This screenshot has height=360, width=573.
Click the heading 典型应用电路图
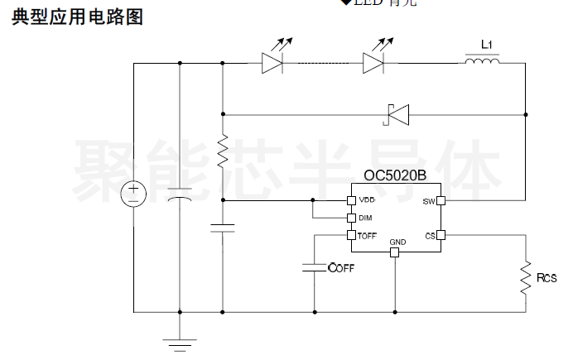tap(77, 17)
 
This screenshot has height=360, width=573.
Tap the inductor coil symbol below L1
tap(482, 61)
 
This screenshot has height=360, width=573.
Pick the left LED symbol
tap(272, 62)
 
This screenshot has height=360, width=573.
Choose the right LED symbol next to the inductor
tap(374, 62)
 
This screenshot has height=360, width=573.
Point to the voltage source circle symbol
tap(133, 194)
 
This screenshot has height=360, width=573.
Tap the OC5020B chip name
tap(395, 175)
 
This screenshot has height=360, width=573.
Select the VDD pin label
tap(366, 200)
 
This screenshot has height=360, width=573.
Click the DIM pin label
tap(364, 218)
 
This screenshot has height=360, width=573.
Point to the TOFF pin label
tap(367, 236)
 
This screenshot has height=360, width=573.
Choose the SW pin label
tap(428, 201)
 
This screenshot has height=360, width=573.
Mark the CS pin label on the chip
tap(430, 236)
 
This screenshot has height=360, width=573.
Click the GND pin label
tap(397, 242)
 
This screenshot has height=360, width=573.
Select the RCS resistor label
tap(547, 278)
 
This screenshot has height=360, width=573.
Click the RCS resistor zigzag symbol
tap(525, 278)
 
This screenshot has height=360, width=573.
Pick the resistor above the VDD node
tap(223, 151)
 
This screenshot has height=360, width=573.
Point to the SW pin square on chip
tap(441, 200)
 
